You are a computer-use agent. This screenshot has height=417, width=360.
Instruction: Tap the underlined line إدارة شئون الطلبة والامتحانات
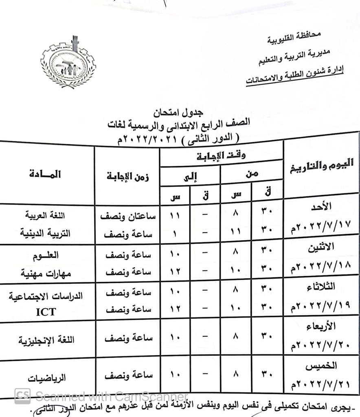coord(295,75)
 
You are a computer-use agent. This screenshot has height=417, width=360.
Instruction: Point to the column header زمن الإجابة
coord(127,176)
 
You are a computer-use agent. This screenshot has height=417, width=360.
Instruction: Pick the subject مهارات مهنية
coord(46,273)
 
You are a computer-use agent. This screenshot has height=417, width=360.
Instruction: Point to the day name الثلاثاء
coord(322,287)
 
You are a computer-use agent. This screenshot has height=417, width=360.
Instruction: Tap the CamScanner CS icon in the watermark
coord(23,395)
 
